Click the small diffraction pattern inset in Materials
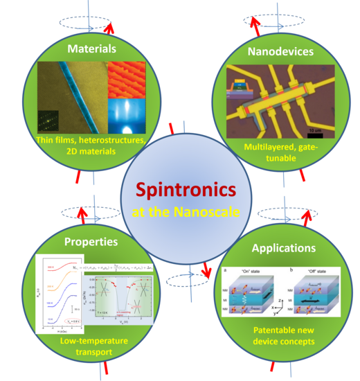[x=49, y=121]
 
